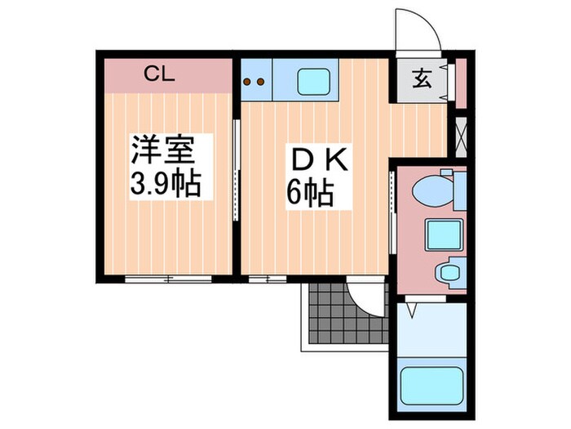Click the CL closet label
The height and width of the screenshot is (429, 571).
(160, 74)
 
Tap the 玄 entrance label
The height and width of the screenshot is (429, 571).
(421, 80)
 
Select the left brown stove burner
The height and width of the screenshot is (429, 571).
(248, 82)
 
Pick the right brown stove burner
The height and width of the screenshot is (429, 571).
(261, 82)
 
